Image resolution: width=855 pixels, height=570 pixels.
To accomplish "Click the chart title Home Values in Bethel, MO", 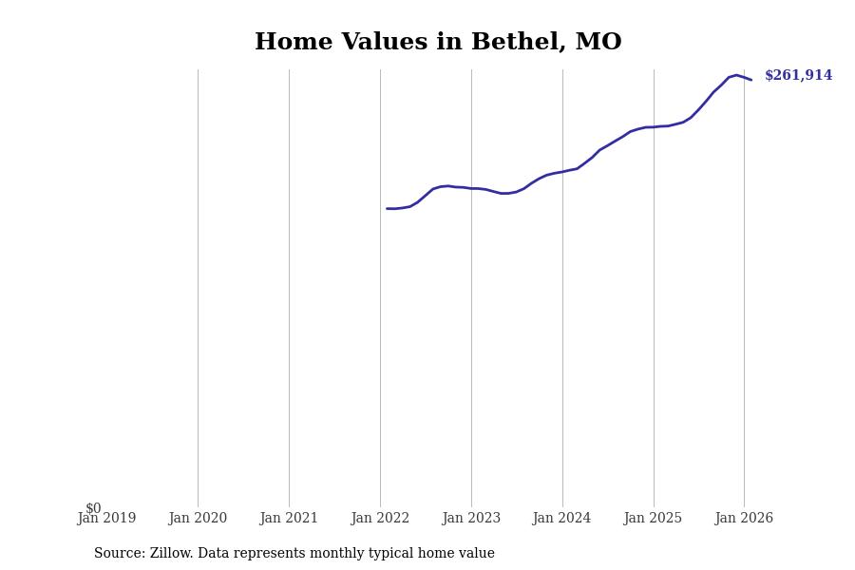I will point(438,43).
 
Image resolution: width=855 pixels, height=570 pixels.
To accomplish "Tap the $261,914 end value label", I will point(798,76).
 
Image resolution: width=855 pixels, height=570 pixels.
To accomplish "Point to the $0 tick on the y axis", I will point(93,508).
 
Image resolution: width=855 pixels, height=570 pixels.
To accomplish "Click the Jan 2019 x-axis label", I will point(106,519).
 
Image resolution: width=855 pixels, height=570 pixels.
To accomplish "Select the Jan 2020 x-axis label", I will point(198,519).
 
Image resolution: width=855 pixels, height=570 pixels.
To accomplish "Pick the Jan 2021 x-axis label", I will point(289,519).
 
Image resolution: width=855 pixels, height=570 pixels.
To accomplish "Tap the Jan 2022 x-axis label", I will point(380,519).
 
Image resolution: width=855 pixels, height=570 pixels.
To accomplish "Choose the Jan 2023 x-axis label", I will point(471,519).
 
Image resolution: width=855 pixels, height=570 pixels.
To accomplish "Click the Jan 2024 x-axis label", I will point(562,519).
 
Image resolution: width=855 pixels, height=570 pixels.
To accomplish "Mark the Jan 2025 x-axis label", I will point(654,519).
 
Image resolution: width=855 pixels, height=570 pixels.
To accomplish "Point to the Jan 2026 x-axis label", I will point(744,519).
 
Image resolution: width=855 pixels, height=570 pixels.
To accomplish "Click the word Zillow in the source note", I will point(172,554).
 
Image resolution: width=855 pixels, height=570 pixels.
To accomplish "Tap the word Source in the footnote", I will point(118,554).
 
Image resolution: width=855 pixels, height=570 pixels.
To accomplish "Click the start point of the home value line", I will point(388,208).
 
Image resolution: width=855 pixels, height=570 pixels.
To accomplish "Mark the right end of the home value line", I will point(751,80).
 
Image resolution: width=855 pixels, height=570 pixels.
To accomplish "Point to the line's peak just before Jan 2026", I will point(736,75).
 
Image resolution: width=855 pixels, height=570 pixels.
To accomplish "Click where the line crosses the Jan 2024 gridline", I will point(562,171).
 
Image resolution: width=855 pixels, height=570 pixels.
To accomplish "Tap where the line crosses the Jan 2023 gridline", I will point(471,188).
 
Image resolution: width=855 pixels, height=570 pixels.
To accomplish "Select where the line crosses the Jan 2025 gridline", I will point(654,126).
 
